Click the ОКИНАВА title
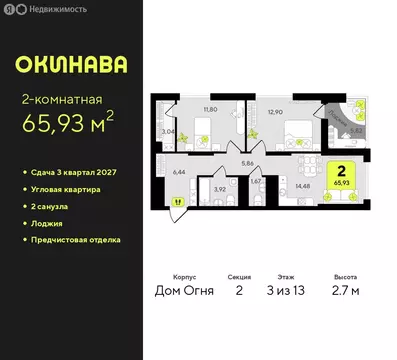[70, 66]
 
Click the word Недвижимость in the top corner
[62, 9]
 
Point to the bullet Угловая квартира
[66, 188]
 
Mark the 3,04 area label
[168, 130]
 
